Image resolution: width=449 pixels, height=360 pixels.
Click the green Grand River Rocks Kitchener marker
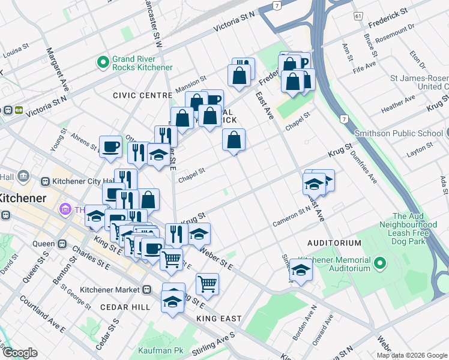point(103,62)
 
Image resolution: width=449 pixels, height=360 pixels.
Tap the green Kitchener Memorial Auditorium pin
point(379,263)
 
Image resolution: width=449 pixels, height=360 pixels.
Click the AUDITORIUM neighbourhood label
point(334,243)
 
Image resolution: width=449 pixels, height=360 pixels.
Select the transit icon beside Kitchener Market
point(147,289)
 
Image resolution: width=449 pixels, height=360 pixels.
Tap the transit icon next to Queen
point(61,244)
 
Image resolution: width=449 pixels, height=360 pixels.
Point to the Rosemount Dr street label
point(395,35)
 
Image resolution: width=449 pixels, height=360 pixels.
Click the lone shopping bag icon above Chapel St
point(234,140)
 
